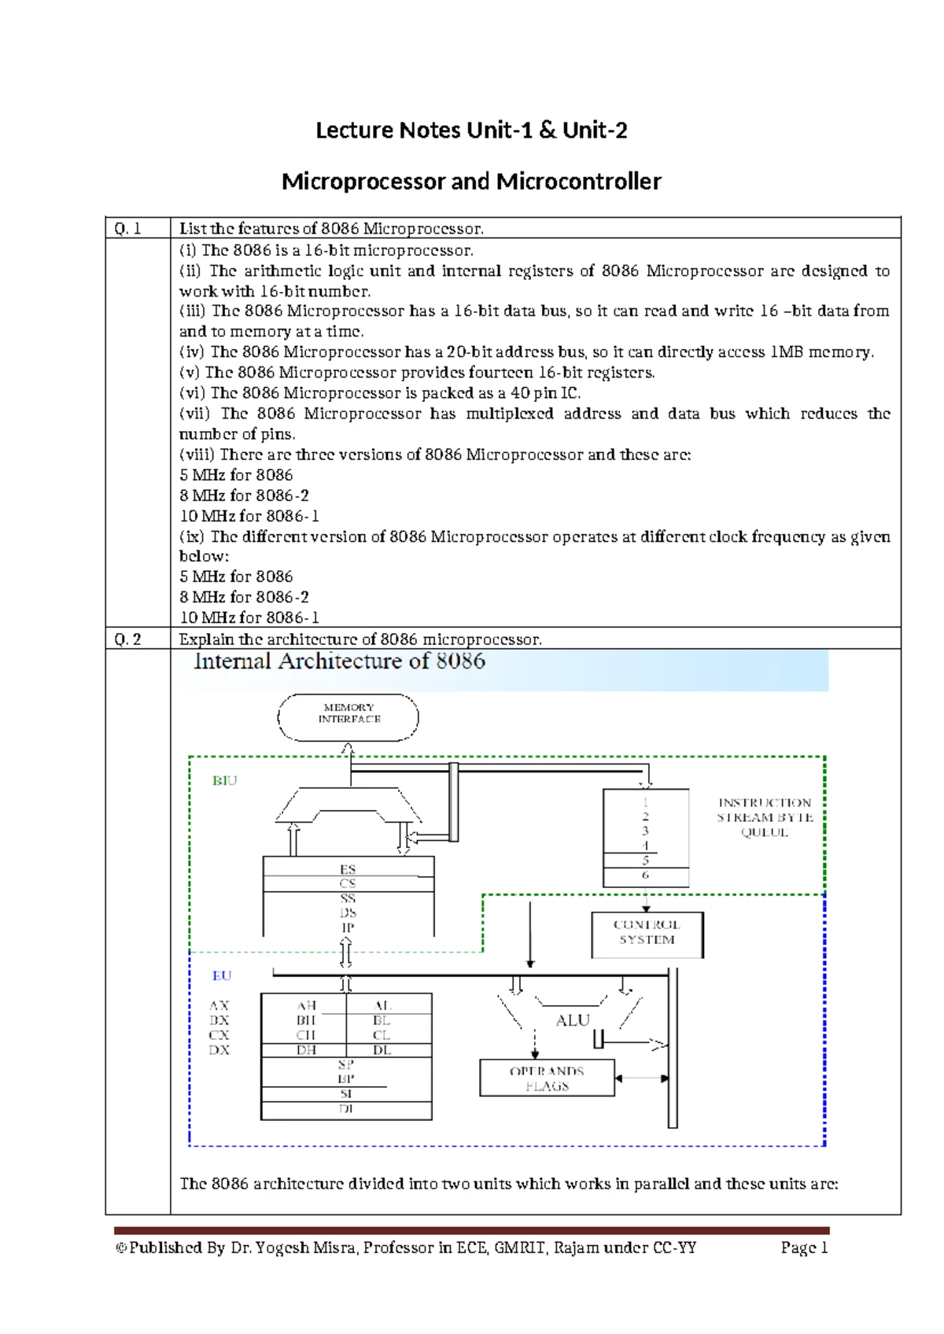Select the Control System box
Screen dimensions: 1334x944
click(647, 934)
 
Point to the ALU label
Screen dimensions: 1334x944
click(572, 1021)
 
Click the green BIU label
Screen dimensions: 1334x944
click(224, 781)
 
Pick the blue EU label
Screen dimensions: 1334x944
click(222, 976)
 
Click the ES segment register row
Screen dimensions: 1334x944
click(348, 869)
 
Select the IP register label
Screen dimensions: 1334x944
click(348, 928)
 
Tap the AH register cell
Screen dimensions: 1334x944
click(306, 1006)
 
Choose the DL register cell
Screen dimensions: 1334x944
click(382, 1051)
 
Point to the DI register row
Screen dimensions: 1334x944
click(346, 1109)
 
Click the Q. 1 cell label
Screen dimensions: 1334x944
click(127, 229)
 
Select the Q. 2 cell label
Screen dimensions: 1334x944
click(127, 639)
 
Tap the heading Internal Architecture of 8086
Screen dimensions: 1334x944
click(340, 661)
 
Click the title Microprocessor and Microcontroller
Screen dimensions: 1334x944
click(471, 182)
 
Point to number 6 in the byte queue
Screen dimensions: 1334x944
click(646, 875)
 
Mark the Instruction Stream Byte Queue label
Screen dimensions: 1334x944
click(765, 817)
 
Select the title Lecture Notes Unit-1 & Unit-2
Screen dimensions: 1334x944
click(471, 131)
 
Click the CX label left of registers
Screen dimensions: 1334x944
click(219, 1035)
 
